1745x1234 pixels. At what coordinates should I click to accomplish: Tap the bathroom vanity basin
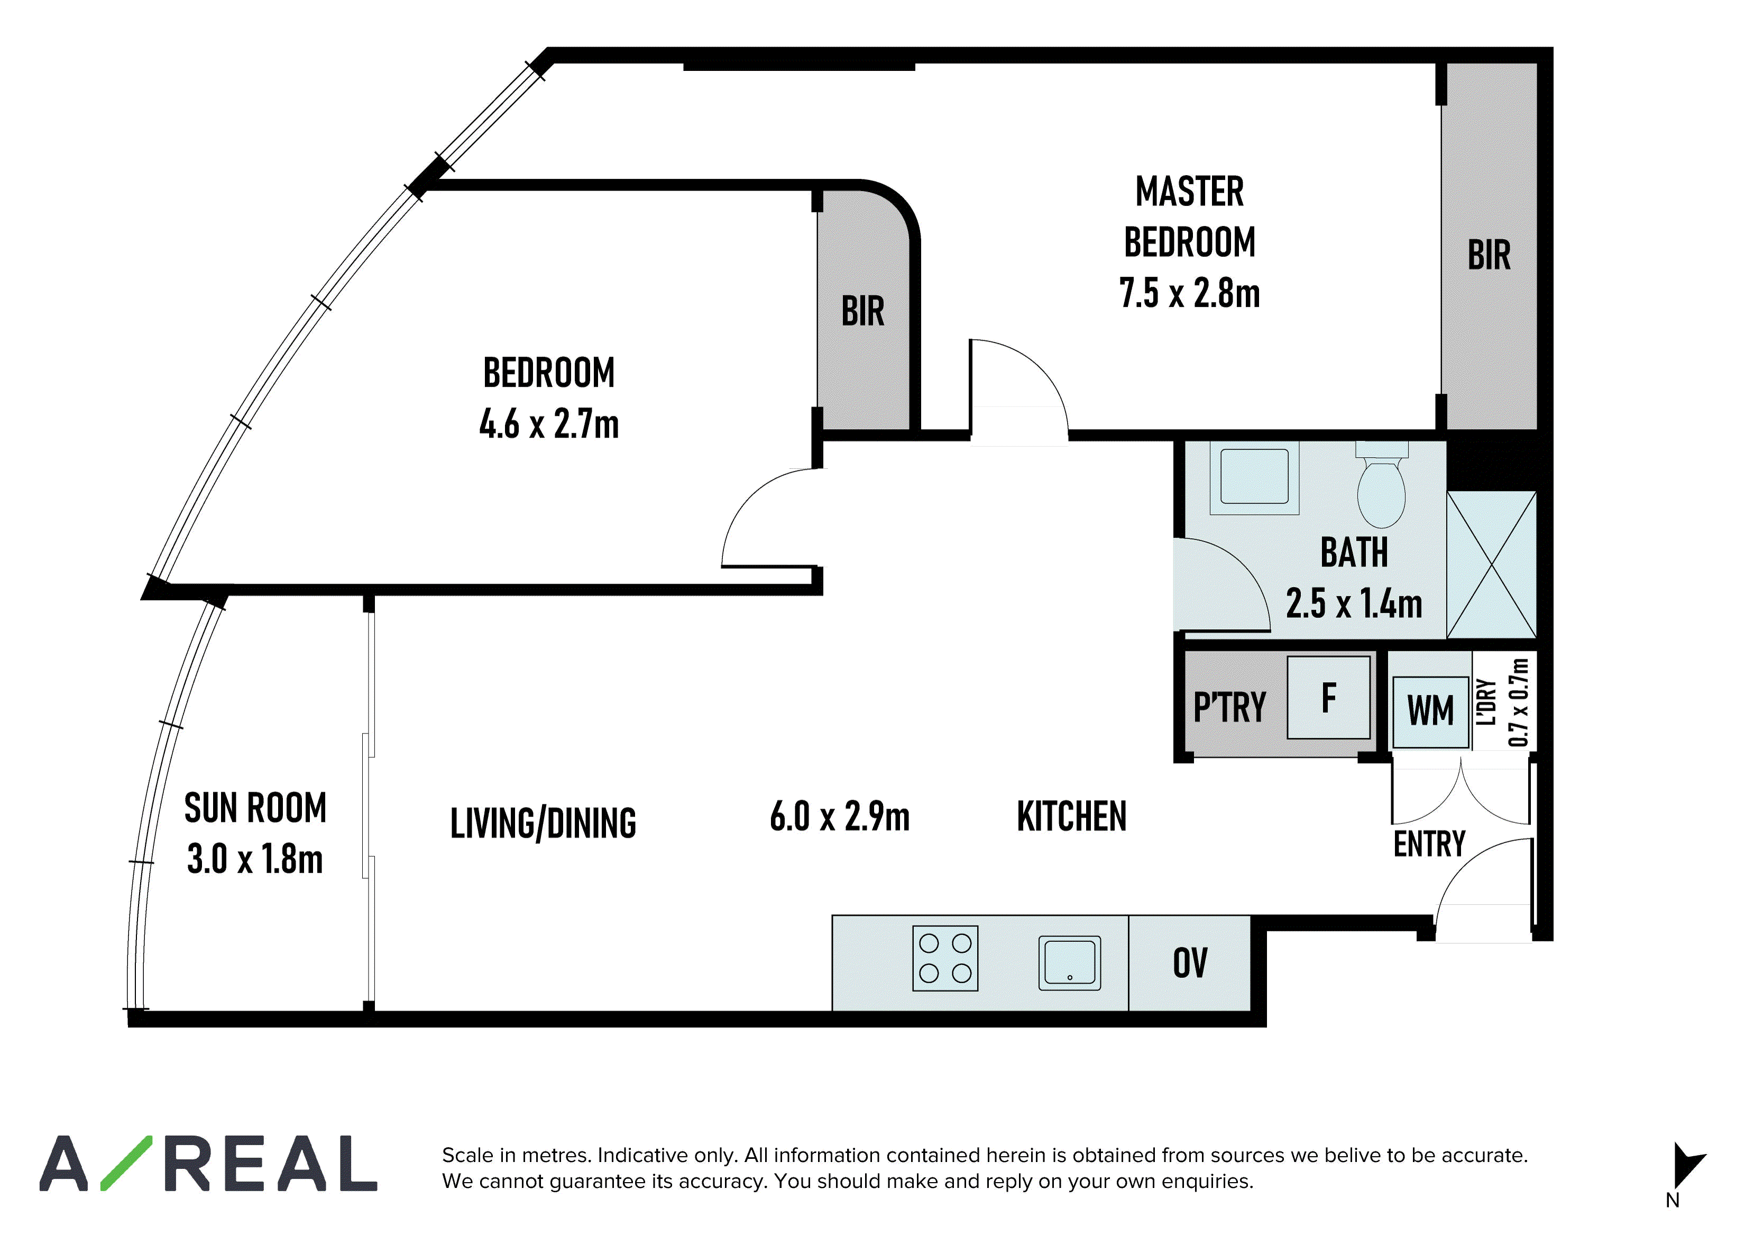[1254, 477]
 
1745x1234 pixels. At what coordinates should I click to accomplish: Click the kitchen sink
[1070, 963]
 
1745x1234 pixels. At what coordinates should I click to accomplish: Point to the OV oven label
[1190, 963]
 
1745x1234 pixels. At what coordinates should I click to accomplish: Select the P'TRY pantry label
[1230, 707]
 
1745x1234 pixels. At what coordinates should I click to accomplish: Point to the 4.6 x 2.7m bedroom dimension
[549, 423]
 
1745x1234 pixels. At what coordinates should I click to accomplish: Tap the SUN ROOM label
[255, 807]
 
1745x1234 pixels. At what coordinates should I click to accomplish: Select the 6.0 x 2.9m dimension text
[840, 816]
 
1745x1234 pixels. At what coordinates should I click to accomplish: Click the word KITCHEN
[1072, 816]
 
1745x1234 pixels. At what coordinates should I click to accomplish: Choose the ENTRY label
[1430, 844]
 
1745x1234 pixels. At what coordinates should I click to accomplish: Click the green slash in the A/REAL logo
[127, 1163]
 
